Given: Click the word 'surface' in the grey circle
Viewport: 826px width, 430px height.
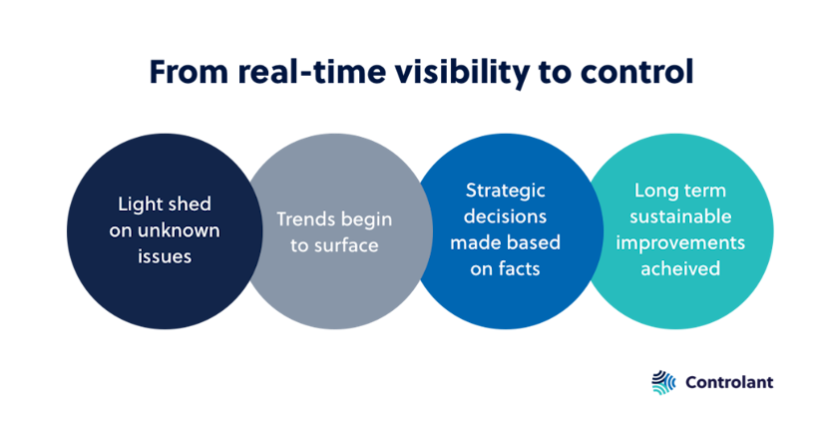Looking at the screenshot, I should point(344,244).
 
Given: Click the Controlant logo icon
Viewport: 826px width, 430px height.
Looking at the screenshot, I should point(662,382).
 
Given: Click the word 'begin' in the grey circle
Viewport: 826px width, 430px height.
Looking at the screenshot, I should point(368,219).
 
